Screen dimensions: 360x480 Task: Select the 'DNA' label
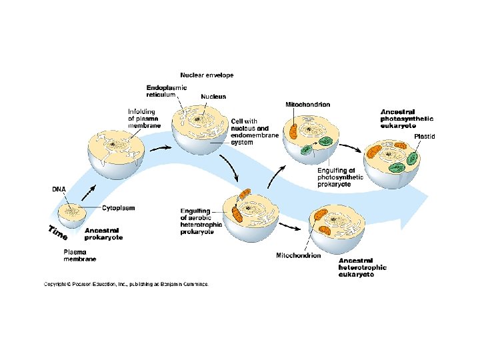(x=59, y=189)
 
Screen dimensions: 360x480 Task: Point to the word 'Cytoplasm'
(x=118, y=208)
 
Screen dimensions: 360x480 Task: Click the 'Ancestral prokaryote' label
(x=103, y=233)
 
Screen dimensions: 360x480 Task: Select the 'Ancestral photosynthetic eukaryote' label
(x=407, y=118)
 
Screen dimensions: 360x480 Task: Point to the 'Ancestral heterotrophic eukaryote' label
(x=362, y=267)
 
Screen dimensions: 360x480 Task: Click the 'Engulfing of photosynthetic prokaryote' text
(x=340, y=177)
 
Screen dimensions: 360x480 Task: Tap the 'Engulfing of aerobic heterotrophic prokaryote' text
(x=197, y=221)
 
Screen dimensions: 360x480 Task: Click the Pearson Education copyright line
(x=126, y=284)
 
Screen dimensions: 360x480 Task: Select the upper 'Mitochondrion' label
(x=307, y=105)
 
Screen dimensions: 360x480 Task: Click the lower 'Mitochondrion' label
(x=298, y=255)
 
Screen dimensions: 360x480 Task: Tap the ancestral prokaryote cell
(x=70, y=218)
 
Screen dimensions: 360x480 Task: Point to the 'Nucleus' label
(x=214, y=97)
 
